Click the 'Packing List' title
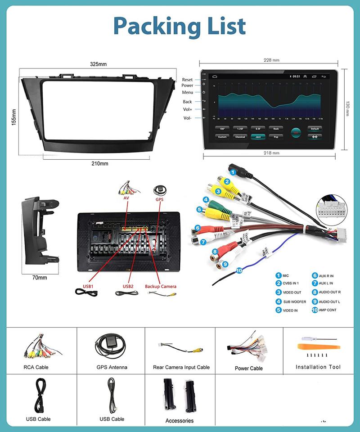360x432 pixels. (180, 26)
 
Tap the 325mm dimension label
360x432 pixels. (98, 64)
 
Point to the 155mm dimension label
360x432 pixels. (14, 117)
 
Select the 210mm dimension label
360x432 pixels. (99, 163)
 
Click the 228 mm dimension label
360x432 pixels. (271, 60)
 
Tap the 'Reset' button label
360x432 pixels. (187, 80)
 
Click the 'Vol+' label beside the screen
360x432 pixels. (187, 109)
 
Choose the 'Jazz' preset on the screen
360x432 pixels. (258, 137)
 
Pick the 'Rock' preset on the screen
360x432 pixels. (276, 129)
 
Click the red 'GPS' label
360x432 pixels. (159, 199)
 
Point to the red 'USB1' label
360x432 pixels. (88, 286)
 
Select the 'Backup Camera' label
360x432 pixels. (161, 286)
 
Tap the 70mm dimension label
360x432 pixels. (40, 278)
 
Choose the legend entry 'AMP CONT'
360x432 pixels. (328, 310)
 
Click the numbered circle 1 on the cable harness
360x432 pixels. (233, 171)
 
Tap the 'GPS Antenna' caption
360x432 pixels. (112, 367)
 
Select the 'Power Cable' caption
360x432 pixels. (248, 368)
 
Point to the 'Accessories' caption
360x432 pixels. (179, 421)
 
